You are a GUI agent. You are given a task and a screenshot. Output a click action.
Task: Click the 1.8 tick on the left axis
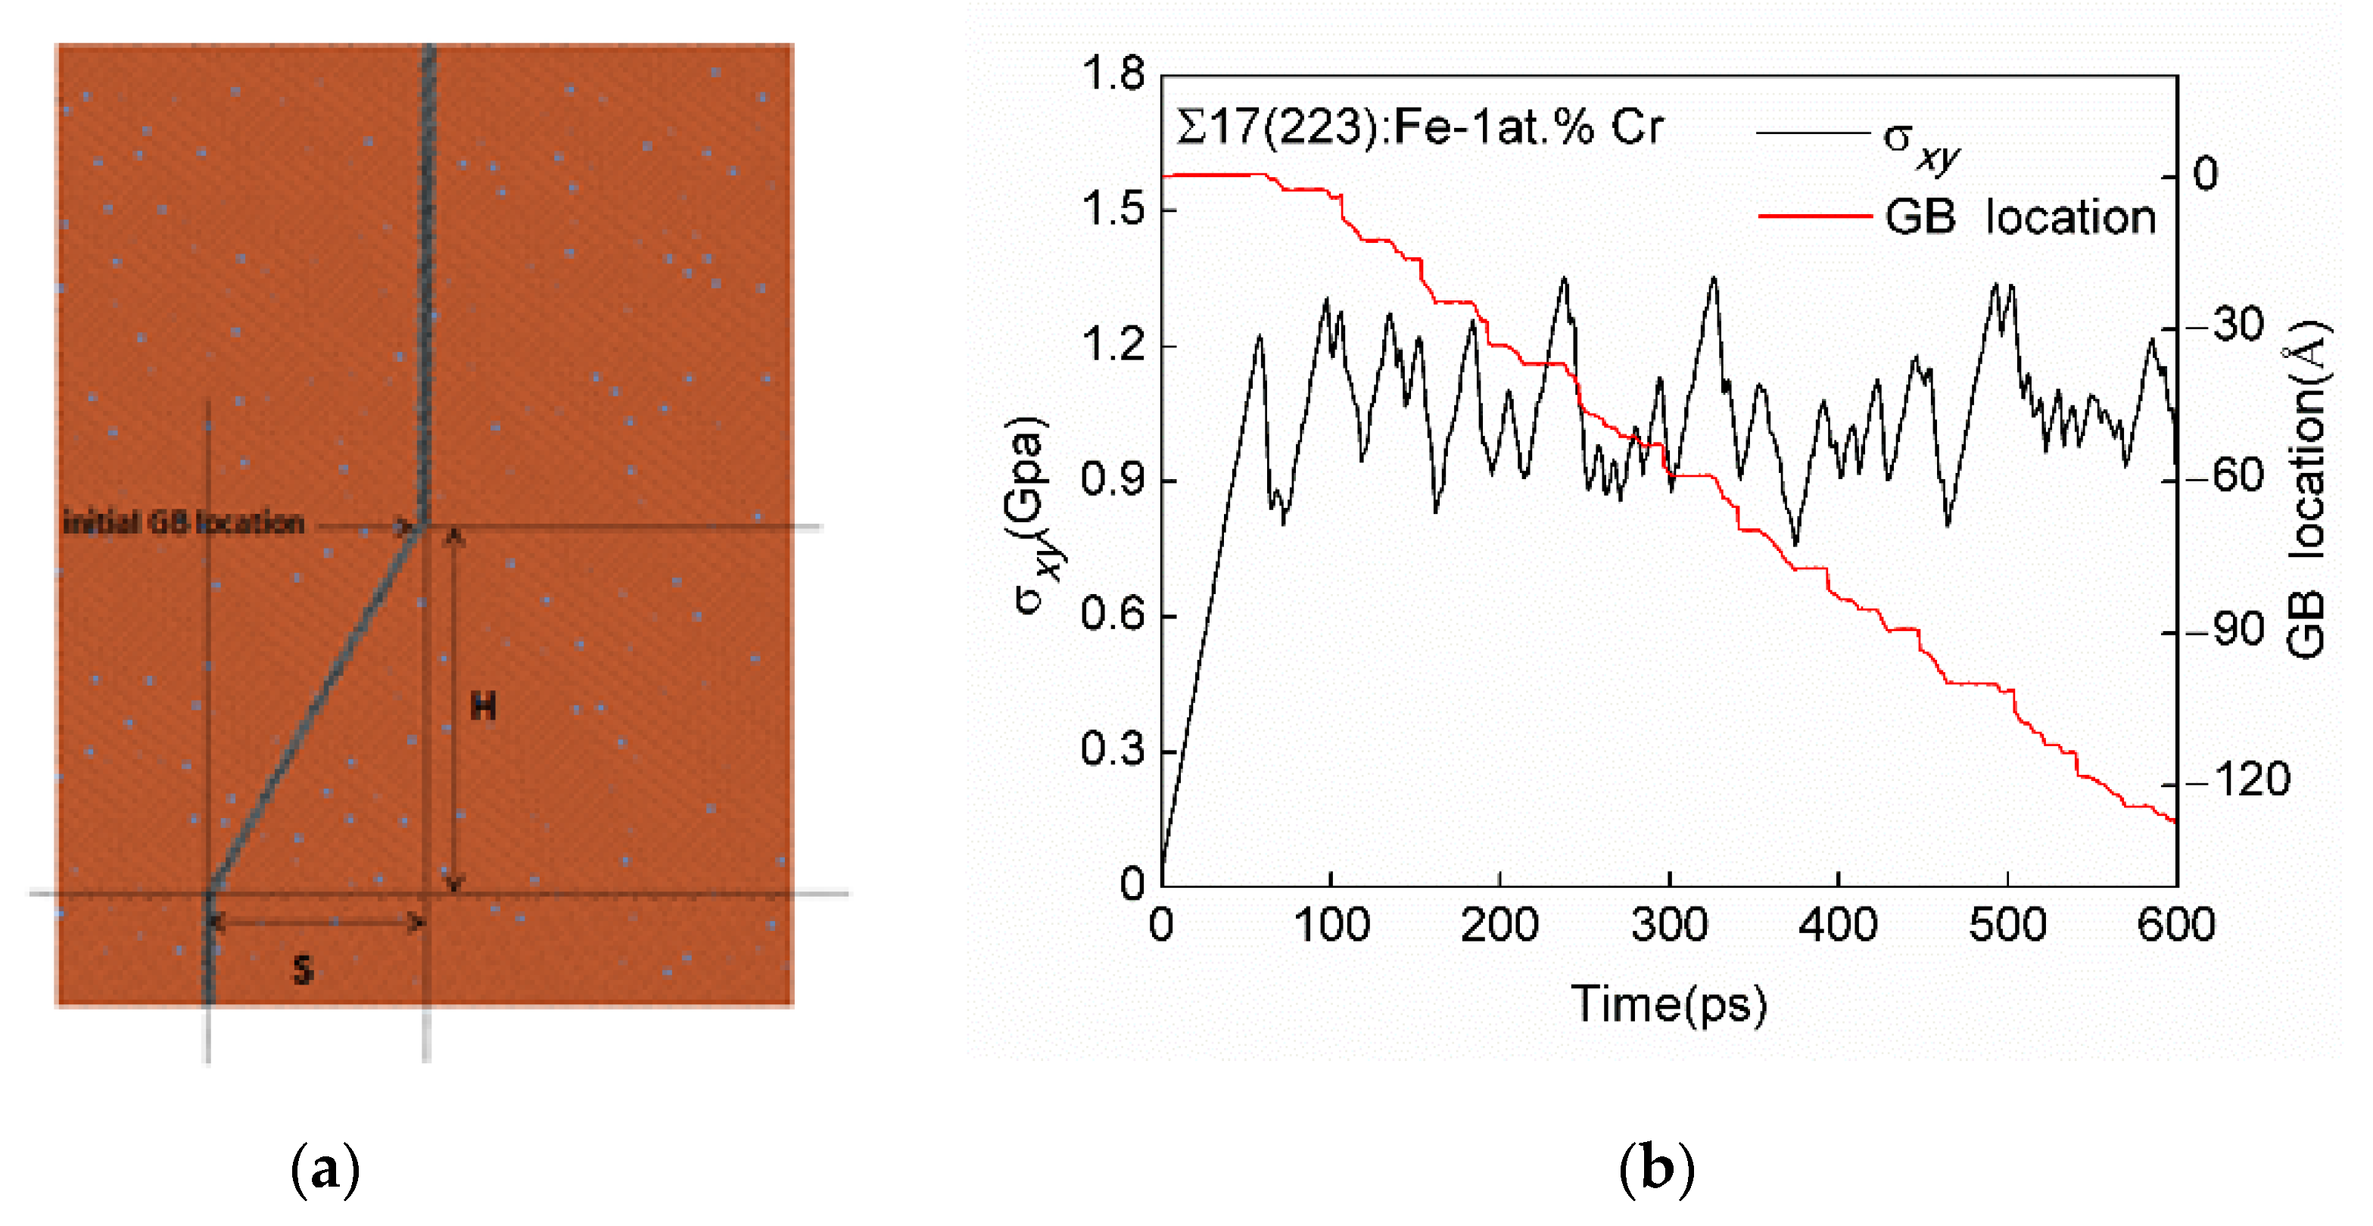coord(1113,73)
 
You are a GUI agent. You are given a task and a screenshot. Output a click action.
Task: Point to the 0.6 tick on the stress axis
coord(1113,615)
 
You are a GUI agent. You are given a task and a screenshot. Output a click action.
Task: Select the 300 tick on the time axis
coord(1669,924)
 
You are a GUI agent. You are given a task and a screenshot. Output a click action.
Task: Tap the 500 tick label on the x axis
coord(2007,924)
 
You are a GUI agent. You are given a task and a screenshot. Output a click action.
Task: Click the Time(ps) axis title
coord(1668,1004)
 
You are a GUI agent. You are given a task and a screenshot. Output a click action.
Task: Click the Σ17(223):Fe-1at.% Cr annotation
coord(1419,127)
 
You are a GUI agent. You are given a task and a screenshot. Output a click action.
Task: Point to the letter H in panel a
coord(484,707)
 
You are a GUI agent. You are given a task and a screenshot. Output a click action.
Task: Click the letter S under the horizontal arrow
coord(303,970)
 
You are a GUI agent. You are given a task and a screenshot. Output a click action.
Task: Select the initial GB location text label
coord(183,523)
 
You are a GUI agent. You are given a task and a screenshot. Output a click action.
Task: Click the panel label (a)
coord(324,1170)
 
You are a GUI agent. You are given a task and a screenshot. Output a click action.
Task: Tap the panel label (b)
coord(1655,1170)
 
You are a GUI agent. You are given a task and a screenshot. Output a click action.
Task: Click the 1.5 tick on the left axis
coord(1113,209)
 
